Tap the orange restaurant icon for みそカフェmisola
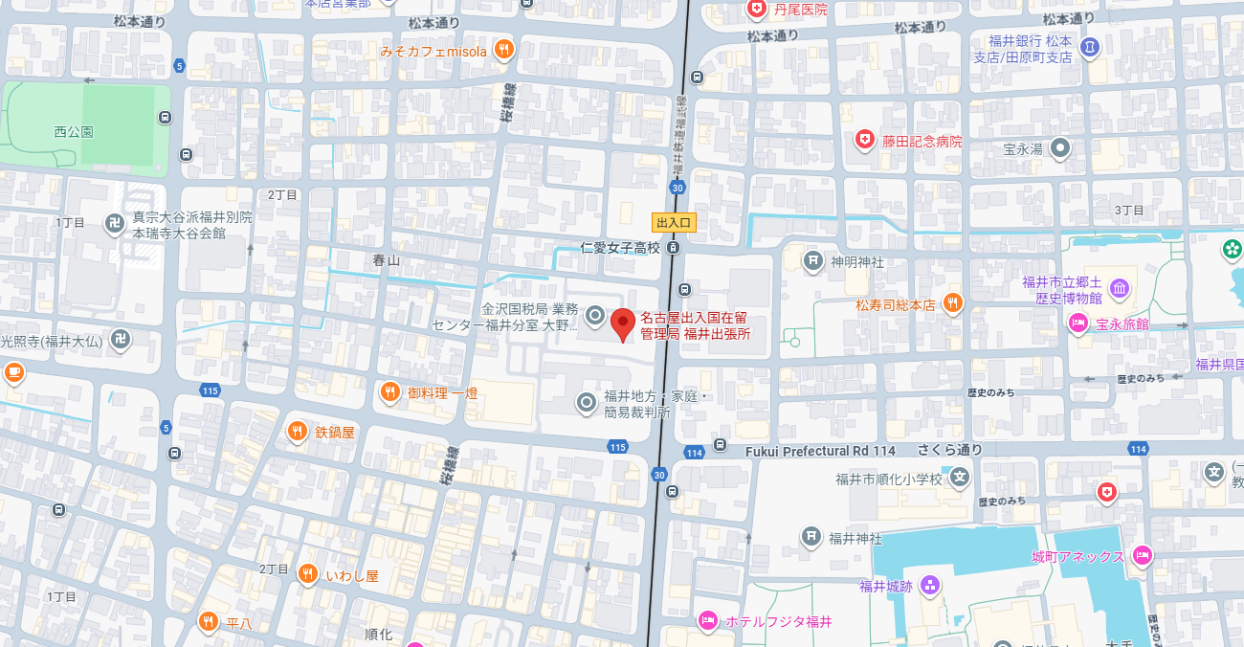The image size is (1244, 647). point(504,50)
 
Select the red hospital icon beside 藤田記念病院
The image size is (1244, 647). point(865,141)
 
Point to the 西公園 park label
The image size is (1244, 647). point(74,131)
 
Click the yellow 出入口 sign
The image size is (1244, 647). point(675,222)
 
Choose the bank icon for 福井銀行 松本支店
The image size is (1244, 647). point(1089,46)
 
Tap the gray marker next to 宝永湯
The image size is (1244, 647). point(1060,148)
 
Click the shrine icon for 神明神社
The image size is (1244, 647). point(813,260)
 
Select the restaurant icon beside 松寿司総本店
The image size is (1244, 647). point(952,304)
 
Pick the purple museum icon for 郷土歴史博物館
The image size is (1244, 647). point(1119,288)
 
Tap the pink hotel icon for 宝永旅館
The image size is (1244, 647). point(1078,323)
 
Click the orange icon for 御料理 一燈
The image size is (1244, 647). point(389,391)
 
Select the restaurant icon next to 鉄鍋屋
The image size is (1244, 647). point(298,432)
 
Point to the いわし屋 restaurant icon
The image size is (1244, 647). point(307,574)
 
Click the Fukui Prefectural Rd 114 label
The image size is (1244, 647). point(820,451)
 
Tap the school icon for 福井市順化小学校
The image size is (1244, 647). point(960,478)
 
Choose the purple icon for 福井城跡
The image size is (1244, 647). point(929,586)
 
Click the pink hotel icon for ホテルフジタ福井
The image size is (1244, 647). point(707,621)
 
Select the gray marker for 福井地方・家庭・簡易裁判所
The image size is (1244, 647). point(587,403)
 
